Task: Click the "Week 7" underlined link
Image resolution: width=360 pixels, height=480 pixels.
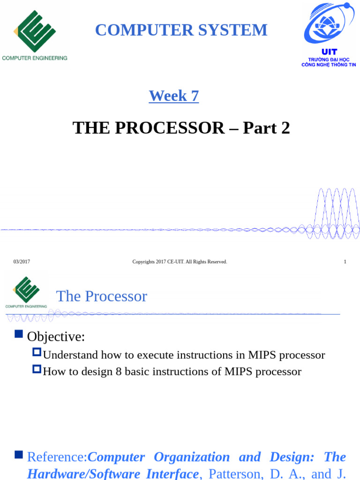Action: (x=174, y=96)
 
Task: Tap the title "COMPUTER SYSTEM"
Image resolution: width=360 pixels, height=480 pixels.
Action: (x=181, y=30)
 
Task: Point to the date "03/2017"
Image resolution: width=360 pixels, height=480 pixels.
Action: (x=22, y=262)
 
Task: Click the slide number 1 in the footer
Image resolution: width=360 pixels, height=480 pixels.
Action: (x=345, y=262)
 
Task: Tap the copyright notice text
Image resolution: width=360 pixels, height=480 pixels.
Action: (x=180, y=262)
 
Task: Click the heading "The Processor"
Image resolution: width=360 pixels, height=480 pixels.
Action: (x=101, y=296)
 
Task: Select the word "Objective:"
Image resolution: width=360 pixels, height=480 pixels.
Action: (x=56, y=337)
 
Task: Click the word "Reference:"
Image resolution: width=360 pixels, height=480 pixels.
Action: (x=57, y=457)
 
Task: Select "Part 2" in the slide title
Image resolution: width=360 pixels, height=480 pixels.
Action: (x=266, y=127)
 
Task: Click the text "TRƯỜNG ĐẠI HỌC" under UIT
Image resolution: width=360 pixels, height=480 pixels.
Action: (x=329, y=59)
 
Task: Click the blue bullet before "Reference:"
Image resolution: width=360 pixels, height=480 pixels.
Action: (x=19, y=454)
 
